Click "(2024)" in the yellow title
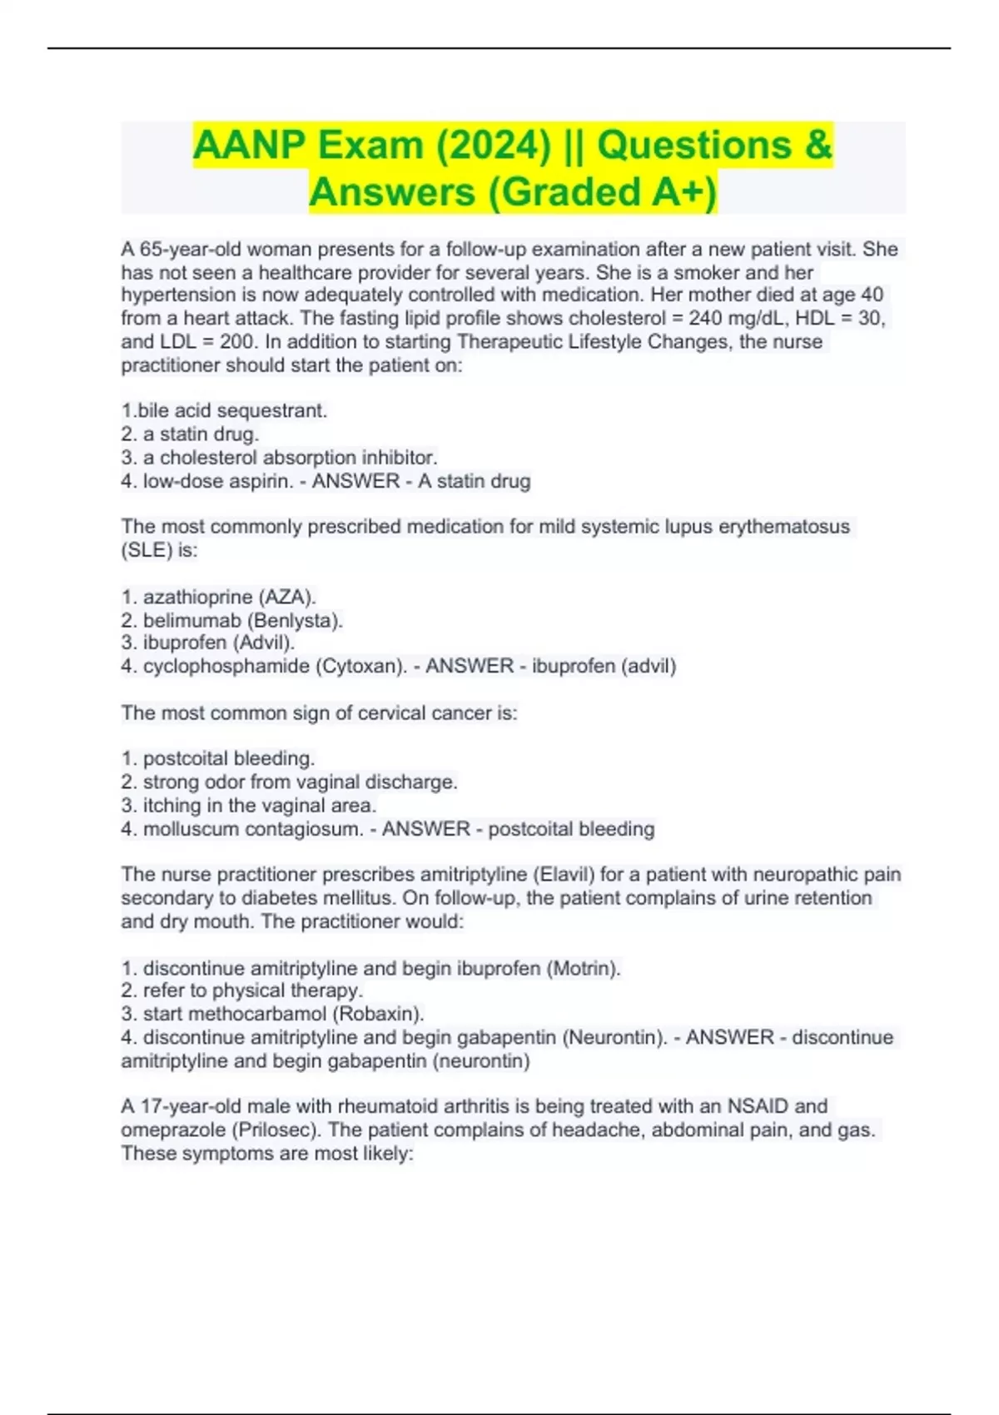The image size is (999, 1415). (494, 146)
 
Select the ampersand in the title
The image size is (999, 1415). (818, 146)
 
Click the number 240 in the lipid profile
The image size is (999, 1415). (706, 318)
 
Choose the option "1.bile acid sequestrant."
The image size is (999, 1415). (224, 410)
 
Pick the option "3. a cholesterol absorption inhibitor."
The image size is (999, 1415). (279, 457)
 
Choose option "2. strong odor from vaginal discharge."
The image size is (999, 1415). (289, 782)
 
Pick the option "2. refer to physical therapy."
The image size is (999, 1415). (241, 990)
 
